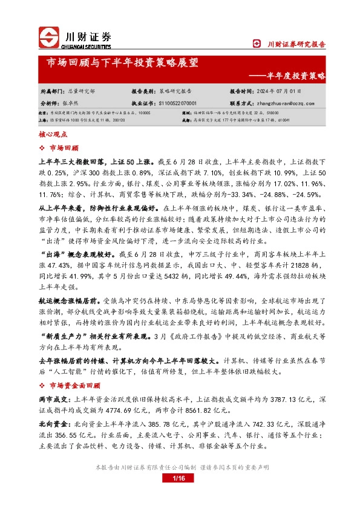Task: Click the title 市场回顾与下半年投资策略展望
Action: click(x=122, y=63)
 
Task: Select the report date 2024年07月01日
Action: click(x=278, y=91)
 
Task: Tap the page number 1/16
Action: click(x=178, y=496)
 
